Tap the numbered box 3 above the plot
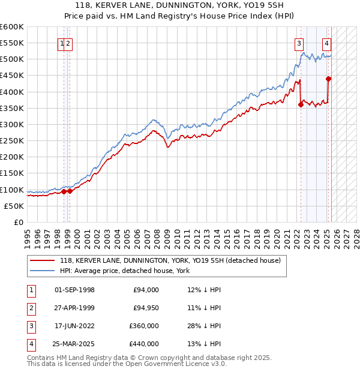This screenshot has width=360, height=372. point(298,43)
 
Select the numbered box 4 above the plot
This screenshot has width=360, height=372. point(326,43)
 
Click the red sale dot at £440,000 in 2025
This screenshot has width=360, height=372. point(328,79)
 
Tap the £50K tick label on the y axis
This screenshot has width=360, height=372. point(14,206)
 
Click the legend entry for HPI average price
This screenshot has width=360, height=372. point(125,271)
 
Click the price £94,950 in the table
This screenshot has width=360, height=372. point(146,308)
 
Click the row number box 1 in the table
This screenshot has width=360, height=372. point(31,290)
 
